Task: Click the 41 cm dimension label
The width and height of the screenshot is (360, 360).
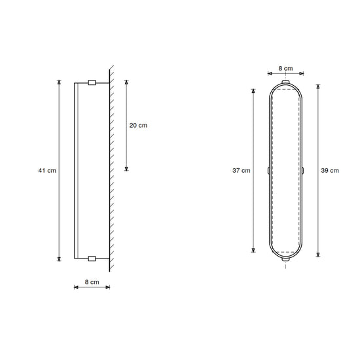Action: (x=47, y=171)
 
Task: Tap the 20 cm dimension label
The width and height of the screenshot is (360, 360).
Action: (x=138, y=126)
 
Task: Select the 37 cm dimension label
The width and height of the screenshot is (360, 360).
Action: (x=242, y=171)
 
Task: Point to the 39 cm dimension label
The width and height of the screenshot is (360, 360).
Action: (x=330, y=171)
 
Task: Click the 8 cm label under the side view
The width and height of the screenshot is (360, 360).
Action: (x=92, y=282)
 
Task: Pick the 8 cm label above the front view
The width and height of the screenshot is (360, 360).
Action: (x=285, y=69)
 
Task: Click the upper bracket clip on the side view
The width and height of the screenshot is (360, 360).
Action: (x=92, y=82)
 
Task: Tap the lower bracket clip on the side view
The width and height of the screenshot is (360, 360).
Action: (x=92, y=259)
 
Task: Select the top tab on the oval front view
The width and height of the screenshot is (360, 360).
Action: (x=285, y=82)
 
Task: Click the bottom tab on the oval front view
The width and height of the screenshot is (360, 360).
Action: (x=285, y=259)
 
